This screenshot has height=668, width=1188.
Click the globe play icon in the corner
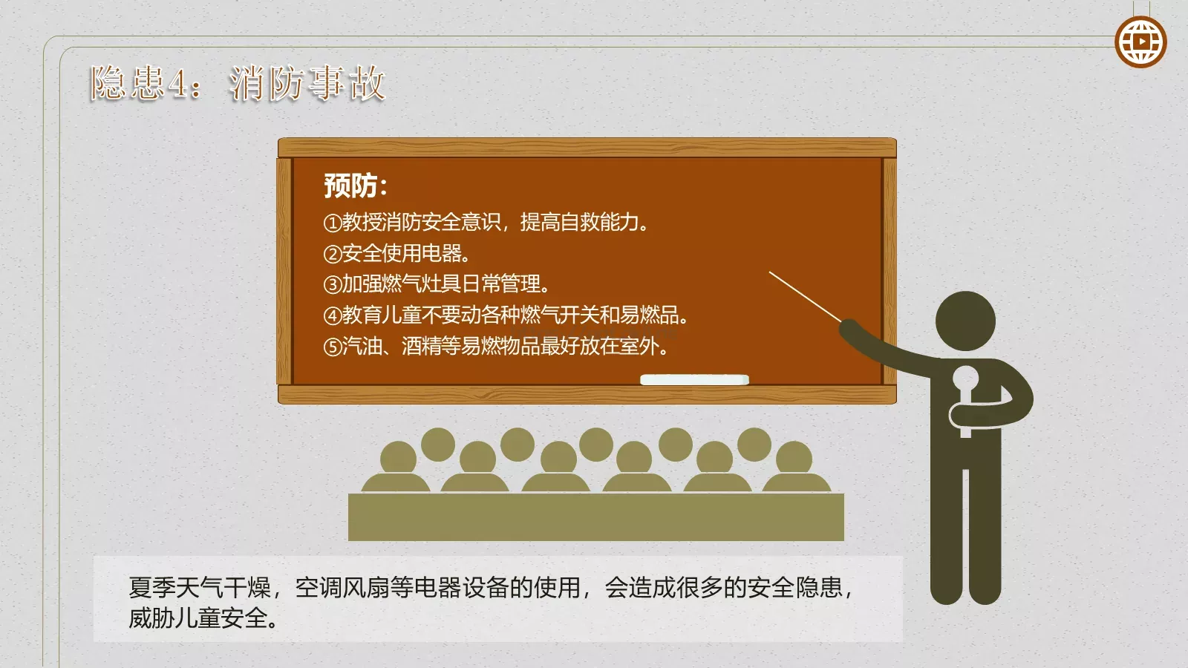tap(1140, 42)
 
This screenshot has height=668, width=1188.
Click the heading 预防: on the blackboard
tap(355, 186)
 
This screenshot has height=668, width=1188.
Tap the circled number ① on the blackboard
tap(332, 223)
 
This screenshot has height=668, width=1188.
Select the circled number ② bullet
tap(332, 254)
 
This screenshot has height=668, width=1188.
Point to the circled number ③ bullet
tap(332, 284)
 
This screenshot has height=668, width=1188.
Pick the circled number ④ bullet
tap(332, 315)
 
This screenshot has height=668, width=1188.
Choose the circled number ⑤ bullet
tap(332, 347)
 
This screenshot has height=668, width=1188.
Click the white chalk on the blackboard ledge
tap(694, 380)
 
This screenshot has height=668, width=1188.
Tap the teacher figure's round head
tap(965, 321)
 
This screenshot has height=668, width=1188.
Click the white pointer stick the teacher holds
tap(805, 296)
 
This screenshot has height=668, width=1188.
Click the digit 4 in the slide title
tap(177, 83)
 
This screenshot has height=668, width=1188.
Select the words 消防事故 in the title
tap(307, 83)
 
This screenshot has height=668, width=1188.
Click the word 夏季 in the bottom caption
tap(152, 588)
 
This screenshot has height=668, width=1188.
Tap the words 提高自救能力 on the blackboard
tap(579, 222)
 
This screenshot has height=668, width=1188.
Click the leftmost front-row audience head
tap(398, 458)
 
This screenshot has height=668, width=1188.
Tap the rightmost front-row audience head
tap(794, 458)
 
